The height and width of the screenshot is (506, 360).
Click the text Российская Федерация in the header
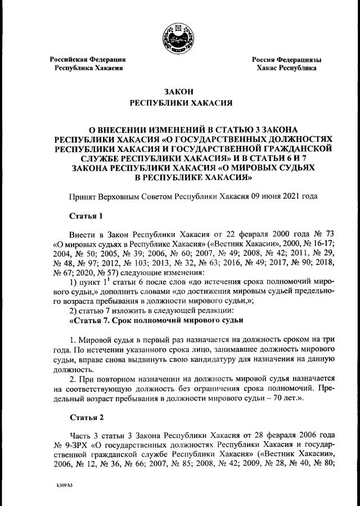(87, 59)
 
